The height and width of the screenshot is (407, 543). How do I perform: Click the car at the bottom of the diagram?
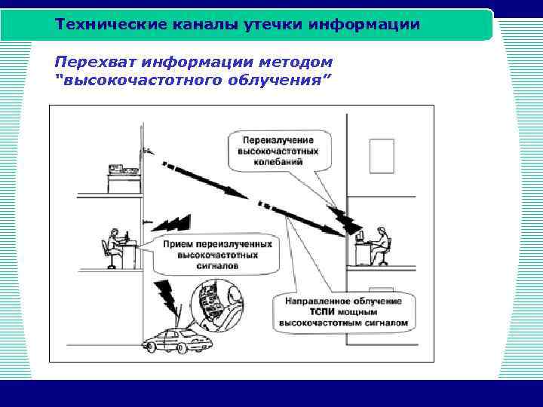click(x=179, y=341)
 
